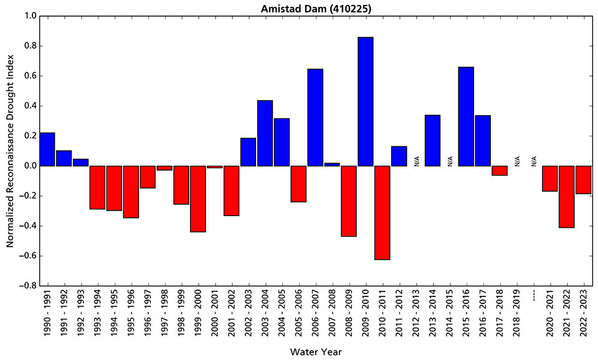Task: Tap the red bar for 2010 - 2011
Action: click(382, 212)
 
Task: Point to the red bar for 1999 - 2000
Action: click(198, 199)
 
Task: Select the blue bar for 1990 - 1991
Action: click(47, 149)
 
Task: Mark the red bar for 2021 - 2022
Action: click(566, 197)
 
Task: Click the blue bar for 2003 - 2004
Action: click(265, 133)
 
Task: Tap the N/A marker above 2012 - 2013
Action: click(416, 161)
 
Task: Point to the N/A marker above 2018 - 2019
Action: click(516, 161)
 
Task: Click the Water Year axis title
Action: click(315, 352)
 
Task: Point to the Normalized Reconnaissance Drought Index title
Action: click(10, 151)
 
